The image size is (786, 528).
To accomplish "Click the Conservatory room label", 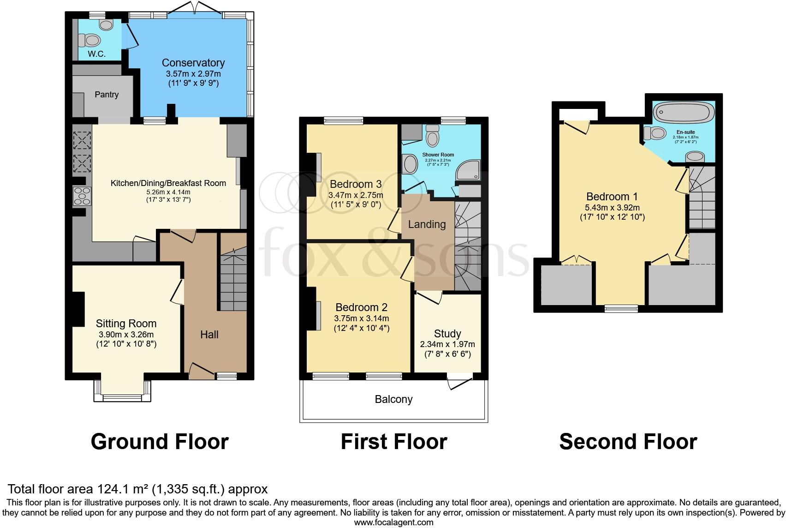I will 193,63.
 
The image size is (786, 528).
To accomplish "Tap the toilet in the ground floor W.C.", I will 90,41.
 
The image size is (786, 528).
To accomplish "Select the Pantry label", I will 107,95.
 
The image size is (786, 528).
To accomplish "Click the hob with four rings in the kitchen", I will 82,196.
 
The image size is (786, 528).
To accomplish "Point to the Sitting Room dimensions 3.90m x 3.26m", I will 126,335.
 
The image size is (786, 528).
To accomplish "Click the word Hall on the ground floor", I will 209,335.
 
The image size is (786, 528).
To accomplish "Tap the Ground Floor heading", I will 160,442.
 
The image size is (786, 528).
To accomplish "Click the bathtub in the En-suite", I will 684,112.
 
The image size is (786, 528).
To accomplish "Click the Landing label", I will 427,225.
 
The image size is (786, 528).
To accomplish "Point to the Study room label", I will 447,334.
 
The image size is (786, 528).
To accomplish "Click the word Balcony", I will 393,399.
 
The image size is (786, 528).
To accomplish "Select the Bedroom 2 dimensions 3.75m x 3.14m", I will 361,318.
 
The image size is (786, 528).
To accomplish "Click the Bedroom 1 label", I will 612,197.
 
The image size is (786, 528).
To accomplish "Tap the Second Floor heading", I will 628,442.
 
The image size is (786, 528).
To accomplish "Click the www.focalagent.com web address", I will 393,522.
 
